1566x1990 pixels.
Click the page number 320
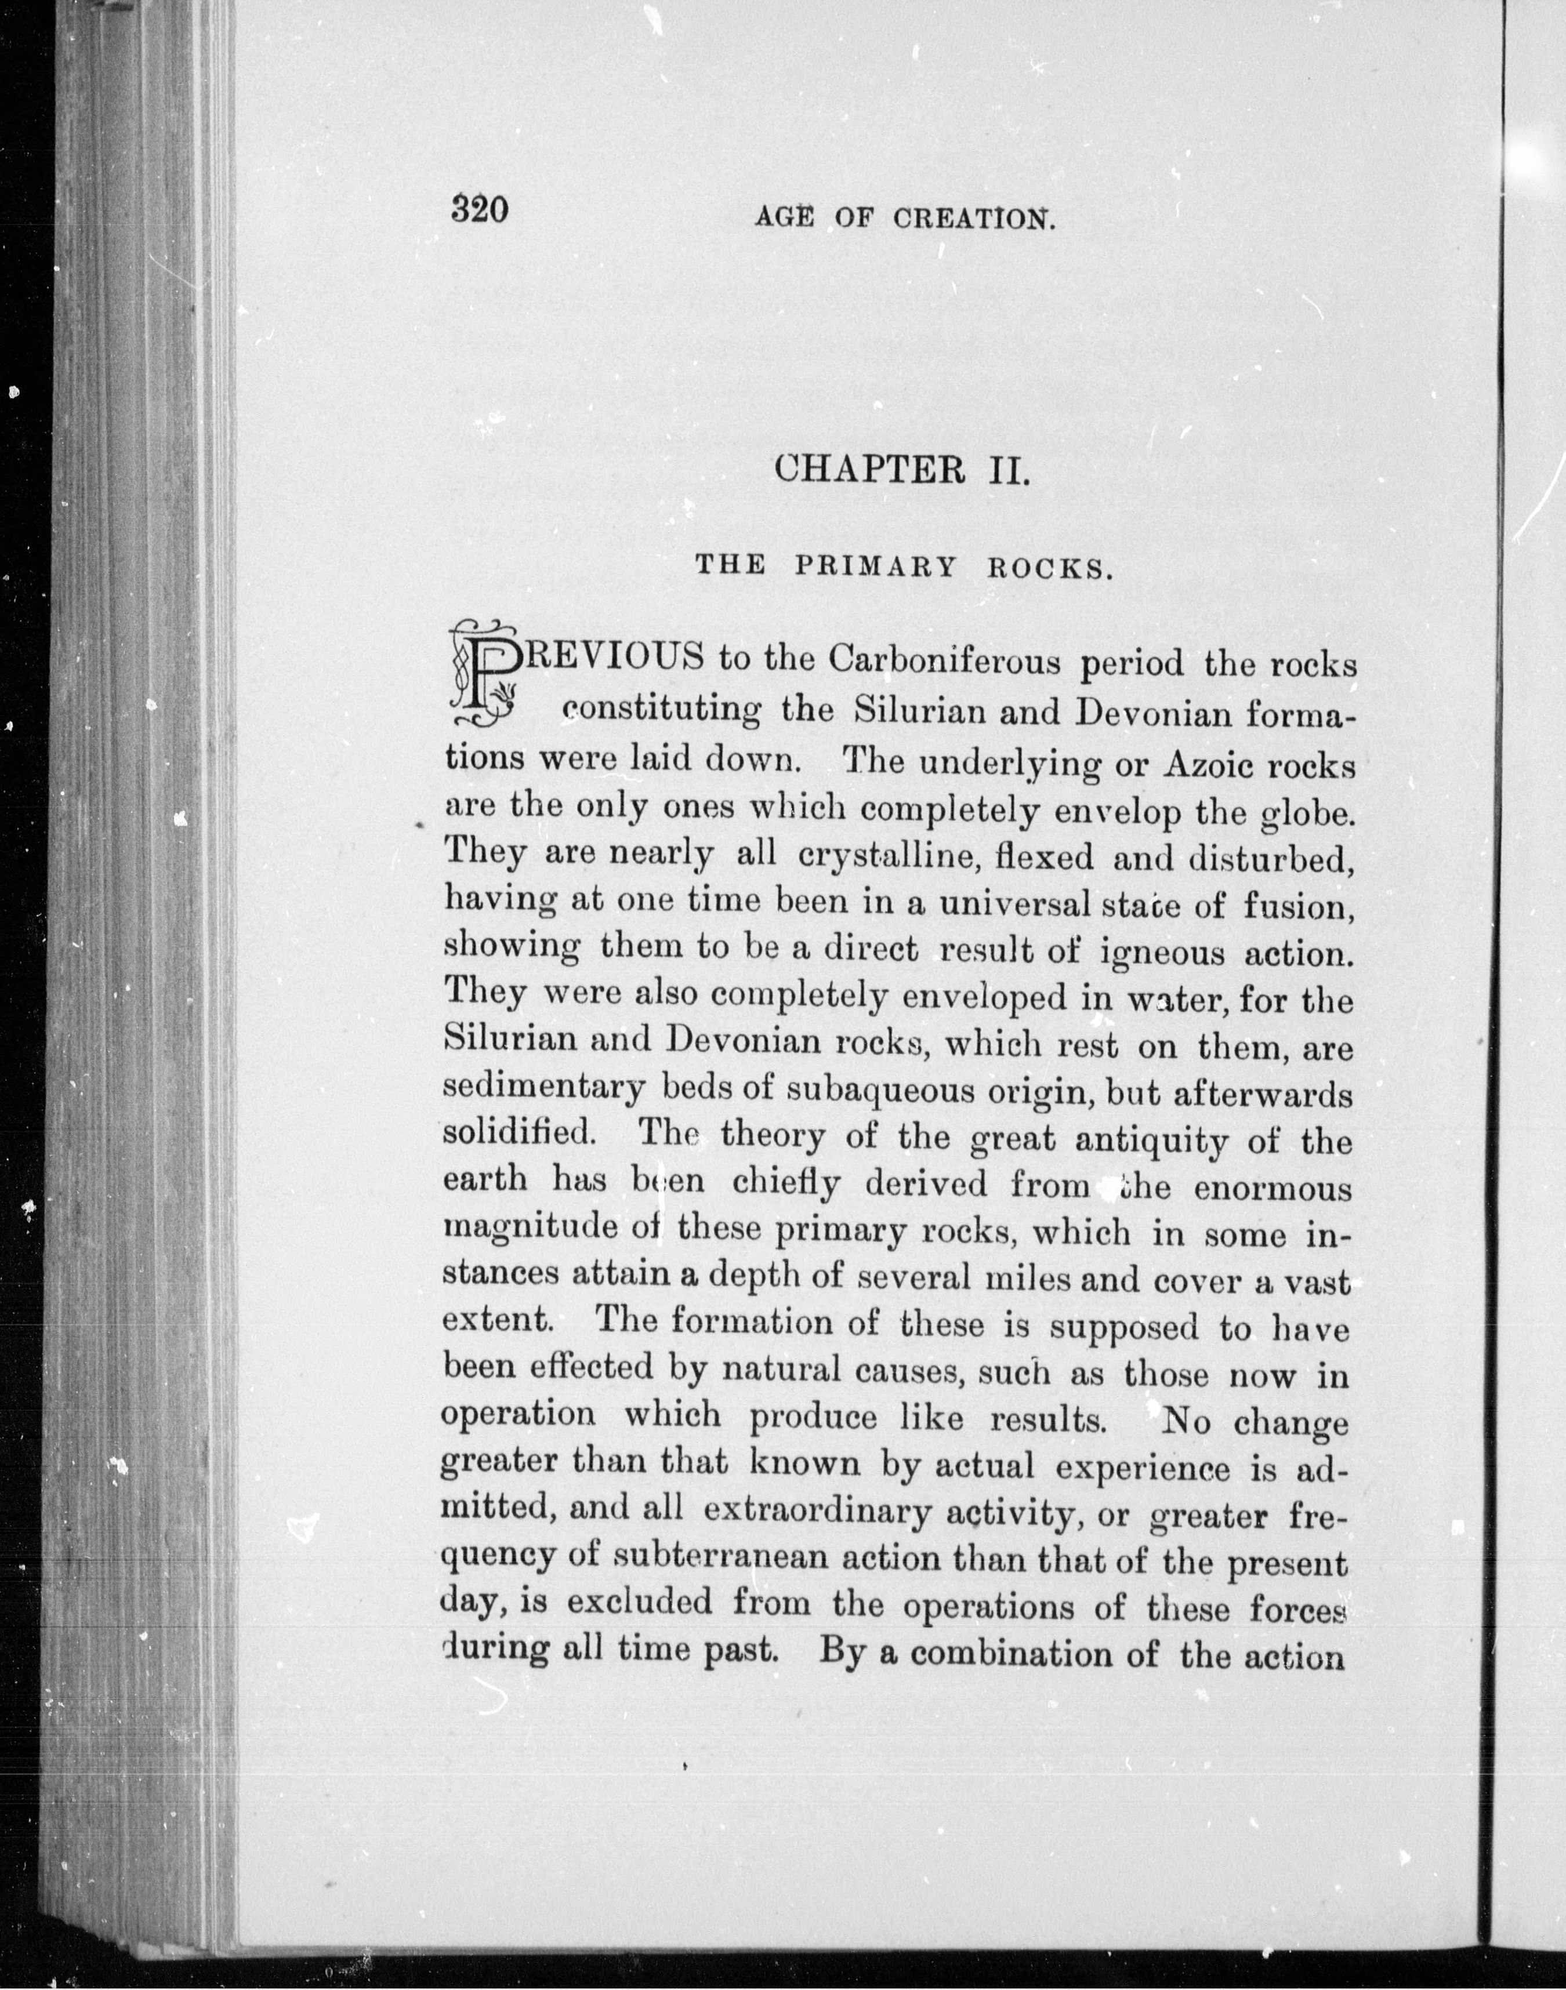tap(478, 211)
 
